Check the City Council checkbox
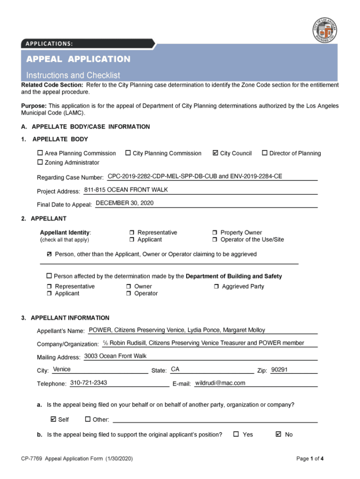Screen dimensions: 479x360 click(215, 153)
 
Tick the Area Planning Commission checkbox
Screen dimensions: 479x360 click(40, 153)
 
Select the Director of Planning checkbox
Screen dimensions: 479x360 click(265, 153)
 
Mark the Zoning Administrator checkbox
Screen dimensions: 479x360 click(40, 162)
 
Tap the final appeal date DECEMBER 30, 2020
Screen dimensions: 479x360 click(124, 203)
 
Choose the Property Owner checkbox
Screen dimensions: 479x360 click(215, 232)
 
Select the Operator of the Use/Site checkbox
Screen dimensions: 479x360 click(215, 239)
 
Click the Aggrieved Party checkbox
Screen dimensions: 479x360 click(216, 286)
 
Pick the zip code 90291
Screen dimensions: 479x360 click(279, 370)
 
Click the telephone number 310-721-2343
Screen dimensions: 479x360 click(88, 383)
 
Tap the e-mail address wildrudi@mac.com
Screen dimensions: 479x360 click(220, 383)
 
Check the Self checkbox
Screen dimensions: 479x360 click(53, 419)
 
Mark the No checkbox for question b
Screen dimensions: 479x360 click(279, 434)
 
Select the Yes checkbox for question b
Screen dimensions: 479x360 click(236, 434)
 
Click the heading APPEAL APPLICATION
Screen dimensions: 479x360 click(78, 59)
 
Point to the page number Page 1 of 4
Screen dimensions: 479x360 click(310, 459)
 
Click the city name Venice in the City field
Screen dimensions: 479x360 click(62, 370)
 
